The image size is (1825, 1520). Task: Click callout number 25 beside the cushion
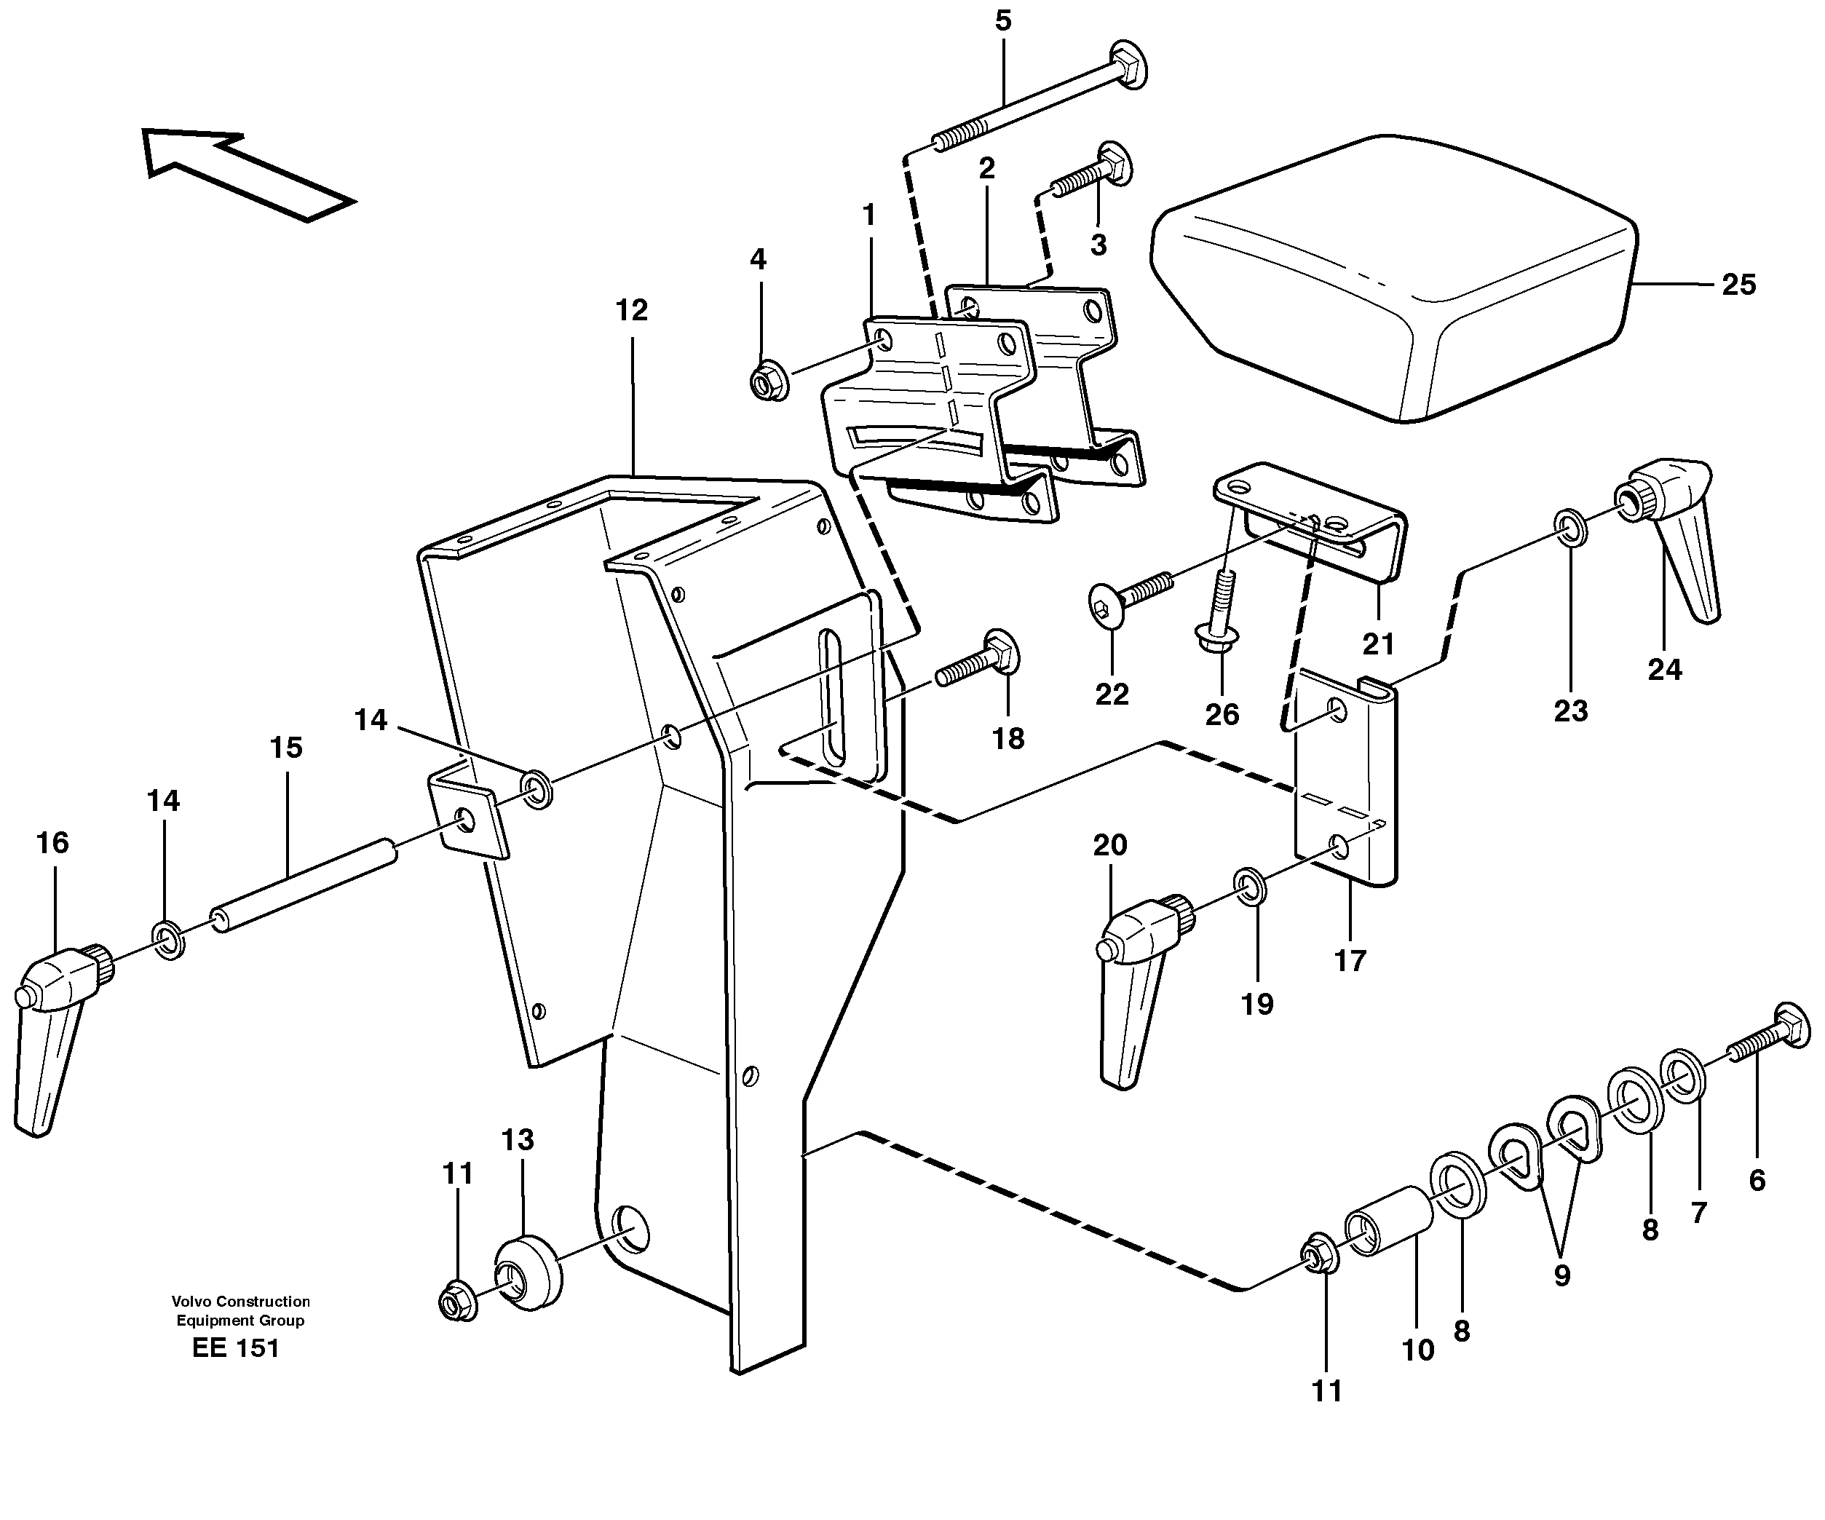pos(1738,285)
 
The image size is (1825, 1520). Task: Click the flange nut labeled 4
pos(768,381)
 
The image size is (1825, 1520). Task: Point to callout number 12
pos(632,310)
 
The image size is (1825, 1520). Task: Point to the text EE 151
pos(236,1348)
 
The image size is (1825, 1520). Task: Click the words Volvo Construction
pos(241,1301)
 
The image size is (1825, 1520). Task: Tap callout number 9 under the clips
pos(1561,1276)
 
